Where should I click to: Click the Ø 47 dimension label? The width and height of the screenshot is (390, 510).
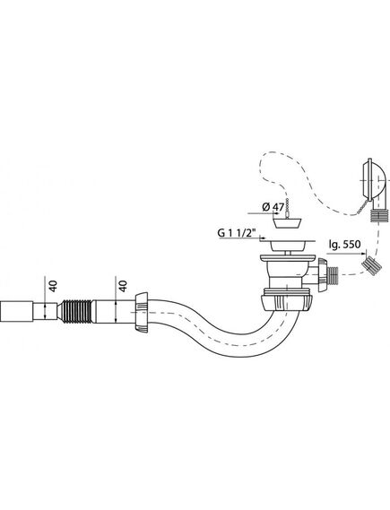click(x=273, y=207)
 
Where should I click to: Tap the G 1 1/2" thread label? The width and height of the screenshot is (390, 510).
click(x=237, y=233)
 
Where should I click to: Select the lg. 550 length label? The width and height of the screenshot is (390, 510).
click(x=344, y=244)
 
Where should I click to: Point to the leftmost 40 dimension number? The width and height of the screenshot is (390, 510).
click(x=53, y=286)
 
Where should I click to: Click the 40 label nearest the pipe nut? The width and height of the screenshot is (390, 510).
click(x=123, y=286)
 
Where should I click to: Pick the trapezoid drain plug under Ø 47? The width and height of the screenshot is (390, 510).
click(x=287, y=223)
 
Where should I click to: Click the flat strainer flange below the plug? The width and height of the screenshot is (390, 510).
click(x=288, y=241)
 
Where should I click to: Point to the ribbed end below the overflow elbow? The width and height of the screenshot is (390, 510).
click(x=379, y=216)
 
